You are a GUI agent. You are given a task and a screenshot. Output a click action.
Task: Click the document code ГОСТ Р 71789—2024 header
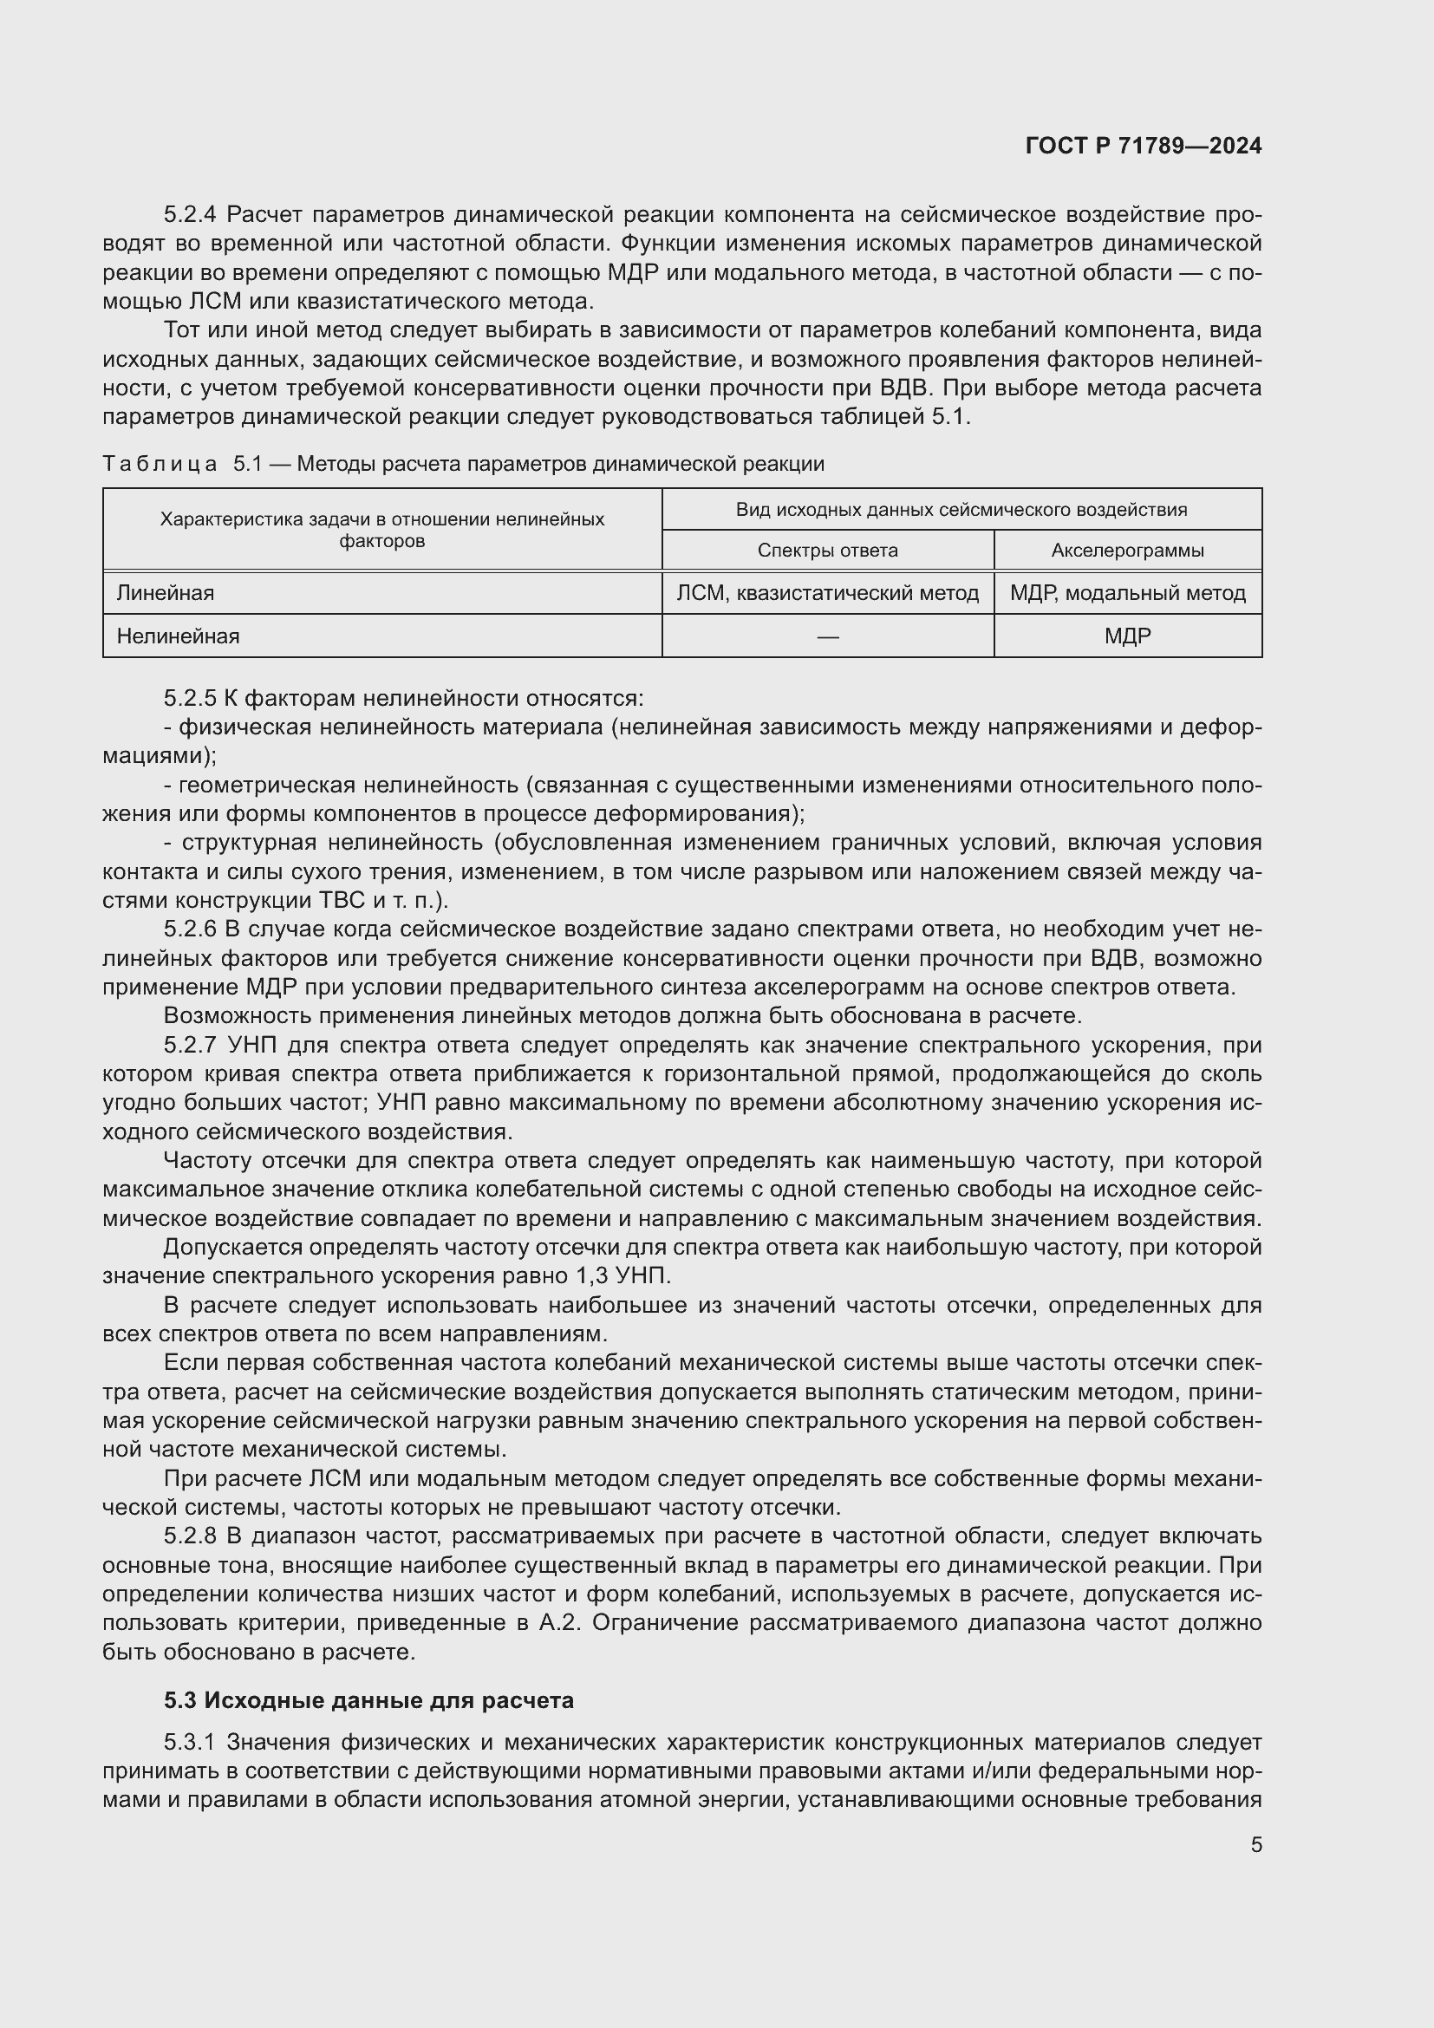point(1143,146)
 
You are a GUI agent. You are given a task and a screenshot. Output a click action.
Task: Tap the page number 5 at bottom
point(1255,1844)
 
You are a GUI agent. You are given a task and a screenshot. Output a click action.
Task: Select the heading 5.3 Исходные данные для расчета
point(368,1699)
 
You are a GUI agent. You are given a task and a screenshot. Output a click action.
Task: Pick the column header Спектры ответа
point(827,551)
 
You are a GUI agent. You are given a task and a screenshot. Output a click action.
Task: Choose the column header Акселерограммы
point(1127,551)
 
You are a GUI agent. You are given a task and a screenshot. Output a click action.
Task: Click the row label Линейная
point(165,593)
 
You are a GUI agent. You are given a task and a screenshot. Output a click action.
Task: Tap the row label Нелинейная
point(178,636)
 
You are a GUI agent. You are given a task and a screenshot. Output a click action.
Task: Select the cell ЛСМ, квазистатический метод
point(827,593)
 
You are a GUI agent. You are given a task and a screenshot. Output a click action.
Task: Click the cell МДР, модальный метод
point(1127,593)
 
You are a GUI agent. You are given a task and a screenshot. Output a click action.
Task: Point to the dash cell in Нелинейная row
point(827,636)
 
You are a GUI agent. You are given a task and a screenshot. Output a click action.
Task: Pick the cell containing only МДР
point(1127,636)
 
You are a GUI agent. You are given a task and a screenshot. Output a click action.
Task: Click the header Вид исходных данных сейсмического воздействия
point(961,510)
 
